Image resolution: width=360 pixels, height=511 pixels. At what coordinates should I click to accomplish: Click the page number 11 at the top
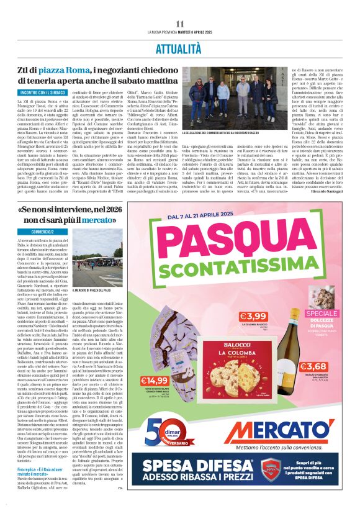click(x=180, y=23)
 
